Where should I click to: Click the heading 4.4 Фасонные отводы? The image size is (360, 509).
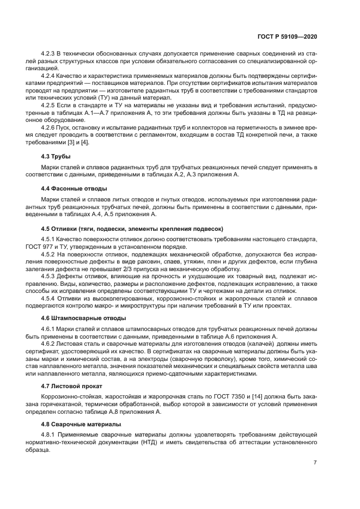pos(74,188)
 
